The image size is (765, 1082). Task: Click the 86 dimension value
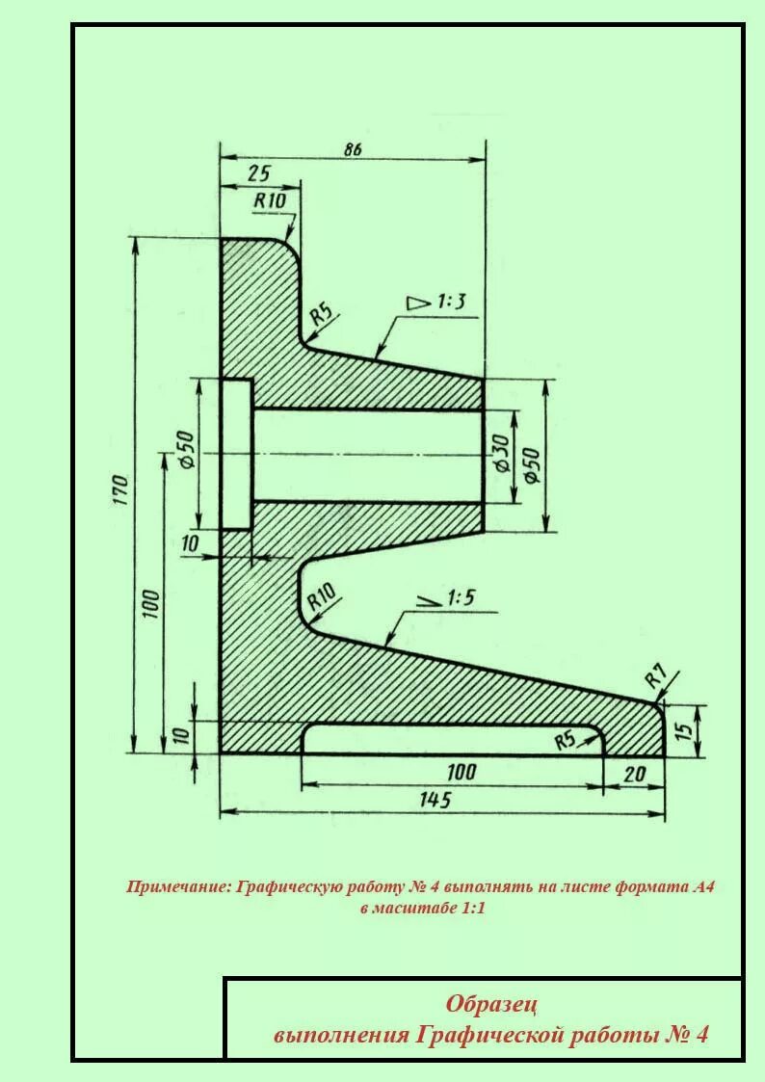tap(352, 149)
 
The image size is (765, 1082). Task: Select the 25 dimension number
tap(258, 173)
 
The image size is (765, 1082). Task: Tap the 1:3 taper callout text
tap(451, 302)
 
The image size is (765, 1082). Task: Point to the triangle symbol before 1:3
tap(419, 303)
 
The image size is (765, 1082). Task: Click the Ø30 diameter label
tap(499, 453)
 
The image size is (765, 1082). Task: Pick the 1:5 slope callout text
tap(461, 598)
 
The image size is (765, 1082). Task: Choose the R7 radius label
tap(655, 675)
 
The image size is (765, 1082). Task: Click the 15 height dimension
tap(684, 729)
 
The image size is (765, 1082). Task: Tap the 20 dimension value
tap(635, 773)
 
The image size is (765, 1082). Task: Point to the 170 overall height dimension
tap(119, 490)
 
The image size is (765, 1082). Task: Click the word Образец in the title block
tap(491, 1004)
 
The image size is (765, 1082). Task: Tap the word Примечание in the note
tap(178, 886)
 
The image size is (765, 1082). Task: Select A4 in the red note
tap(702, 886)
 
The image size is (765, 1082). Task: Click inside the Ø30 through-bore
tap(366, 455)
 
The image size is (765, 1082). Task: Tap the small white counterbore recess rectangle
tap(236, 453)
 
